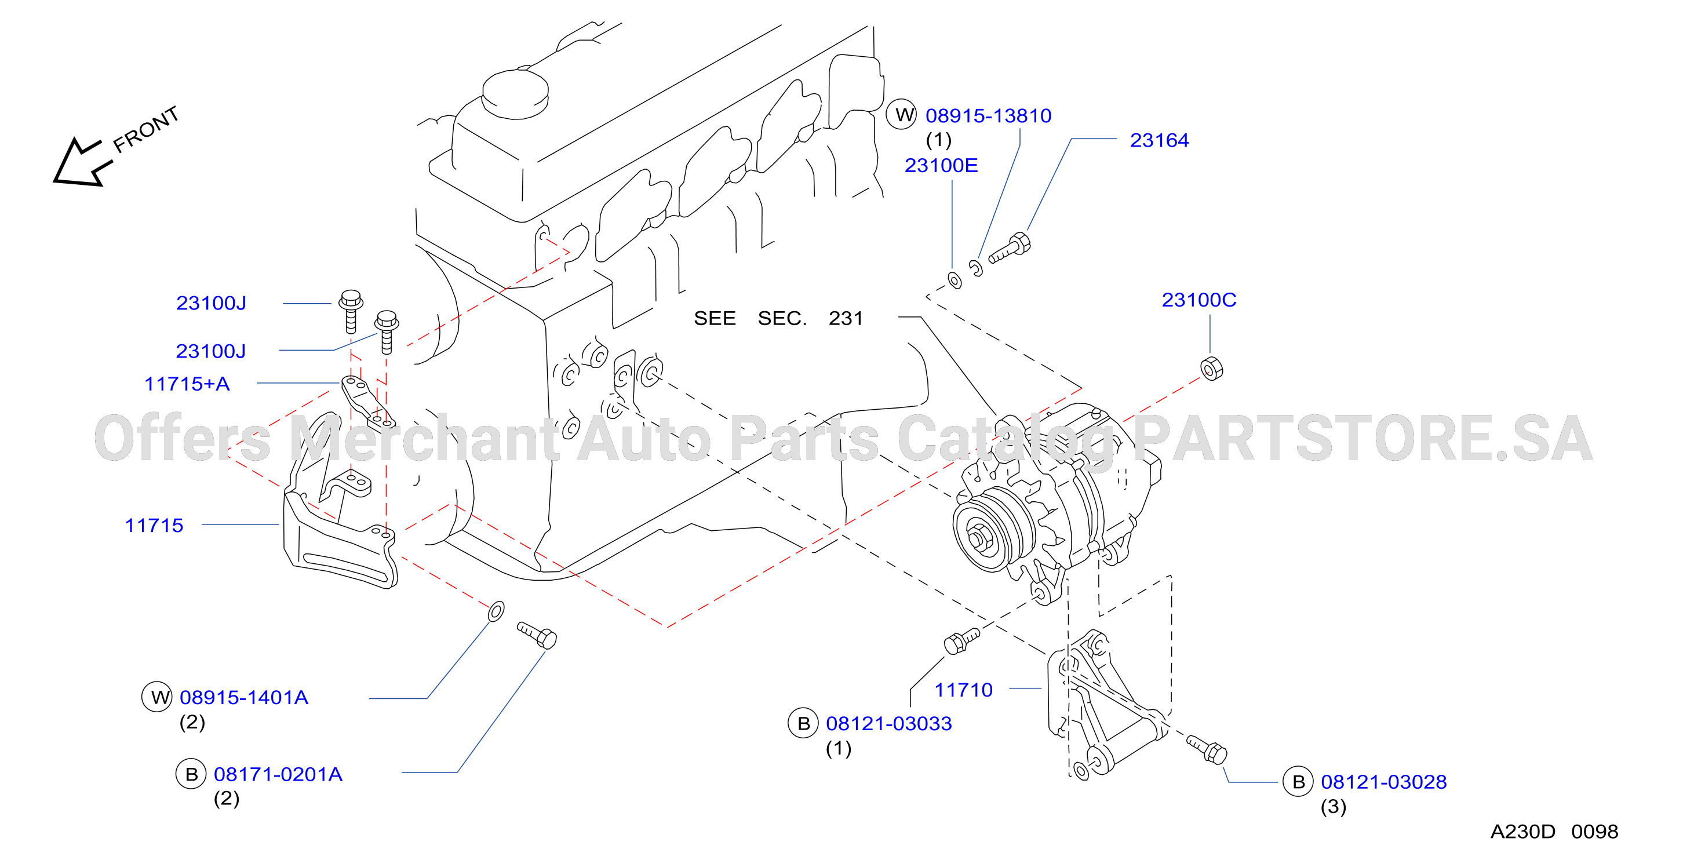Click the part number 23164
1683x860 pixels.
coord(1159,140)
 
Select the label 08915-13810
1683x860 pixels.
coord(988,116)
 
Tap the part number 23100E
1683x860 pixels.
coord(941,165)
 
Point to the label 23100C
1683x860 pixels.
coord(1199,300)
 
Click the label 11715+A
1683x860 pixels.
coord(187,384)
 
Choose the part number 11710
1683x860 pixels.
coord(963,690)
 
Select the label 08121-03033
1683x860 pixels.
coord(888,723)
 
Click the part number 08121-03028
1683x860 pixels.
coord(1384,782)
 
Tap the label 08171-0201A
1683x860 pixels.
coord(278,774)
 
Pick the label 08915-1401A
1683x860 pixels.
coord(243,697)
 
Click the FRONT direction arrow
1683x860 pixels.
coord(80,163)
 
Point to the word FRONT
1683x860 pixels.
coord(145,129)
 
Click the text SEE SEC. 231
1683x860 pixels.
coord(778,318)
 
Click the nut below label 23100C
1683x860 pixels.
coord(1211,369)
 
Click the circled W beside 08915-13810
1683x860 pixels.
coord(902,114)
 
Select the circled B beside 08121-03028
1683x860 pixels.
coord(1299,782)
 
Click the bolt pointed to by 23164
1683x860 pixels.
coord(1010,249)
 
